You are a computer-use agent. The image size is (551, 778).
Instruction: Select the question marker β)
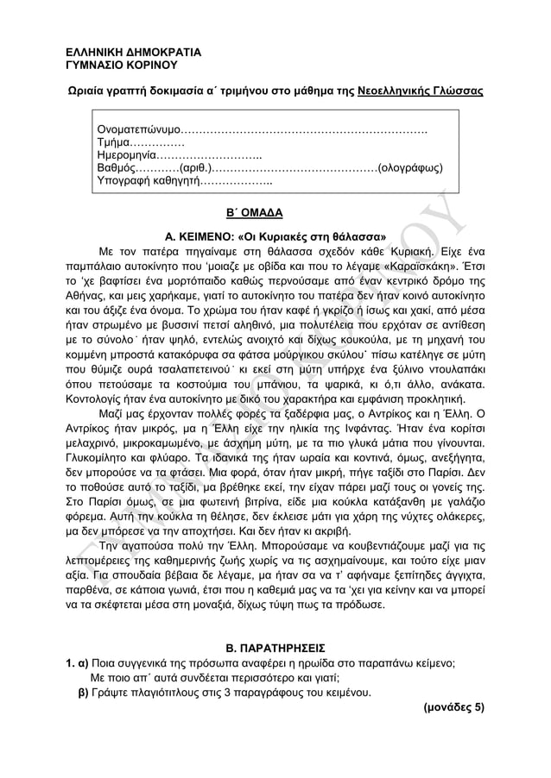pyautogui.click(x=83, y=692)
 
